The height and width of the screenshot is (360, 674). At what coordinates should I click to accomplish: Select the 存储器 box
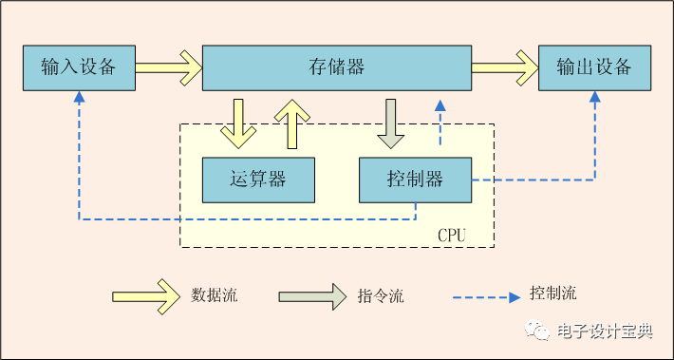click(337, 67)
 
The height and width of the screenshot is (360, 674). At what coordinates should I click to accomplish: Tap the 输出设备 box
click(594, 67)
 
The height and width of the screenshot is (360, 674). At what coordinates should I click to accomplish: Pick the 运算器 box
click(258, 180)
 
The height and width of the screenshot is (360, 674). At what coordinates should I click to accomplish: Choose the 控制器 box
click(415, 180)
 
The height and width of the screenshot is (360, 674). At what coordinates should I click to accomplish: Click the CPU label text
click(451, 234)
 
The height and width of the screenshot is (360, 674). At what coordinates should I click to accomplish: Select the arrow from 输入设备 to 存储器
click(168, 67)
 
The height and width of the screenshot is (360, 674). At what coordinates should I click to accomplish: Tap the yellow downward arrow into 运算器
click(238, 123)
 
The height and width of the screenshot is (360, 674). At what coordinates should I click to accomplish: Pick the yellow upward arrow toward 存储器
click(292, 123)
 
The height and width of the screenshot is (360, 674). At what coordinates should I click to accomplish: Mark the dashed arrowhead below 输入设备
click(79, 98)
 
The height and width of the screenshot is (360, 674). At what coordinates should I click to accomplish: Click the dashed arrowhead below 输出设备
click(595, 98)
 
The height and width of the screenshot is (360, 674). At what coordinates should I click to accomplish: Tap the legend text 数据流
click(215, 295)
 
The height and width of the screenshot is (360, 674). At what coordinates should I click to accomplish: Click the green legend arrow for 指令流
click(312, 295)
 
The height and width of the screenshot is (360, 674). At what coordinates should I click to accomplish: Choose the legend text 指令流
click(382, 295)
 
